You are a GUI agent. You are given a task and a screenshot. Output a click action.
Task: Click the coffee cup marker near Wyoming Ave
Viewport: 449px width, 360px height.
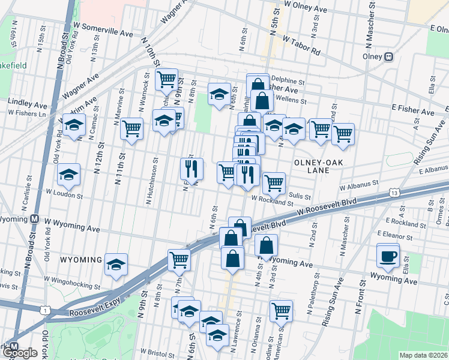(x=387, y=256)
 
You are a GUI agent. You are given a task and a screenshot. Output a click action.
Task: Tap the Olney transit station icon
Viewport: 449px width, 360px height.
(x=389, y=56)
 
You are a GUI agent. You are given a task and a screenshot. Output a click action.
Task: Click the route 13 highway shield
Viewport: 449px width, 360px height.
(x=394, y=193)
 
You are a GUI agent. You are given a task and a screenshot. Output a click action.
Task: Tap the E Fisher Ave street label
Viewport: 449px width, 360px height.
(x=412, y=109)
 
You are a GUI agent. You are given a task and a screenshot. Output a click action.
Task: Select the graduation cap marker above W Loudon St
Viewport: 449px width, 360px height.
(x=69, y=175)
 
